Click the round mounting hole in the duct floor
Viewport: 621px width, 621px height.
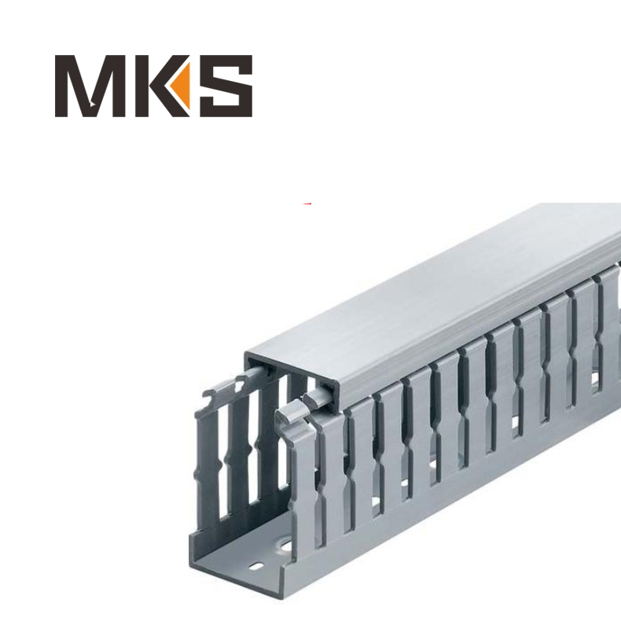tap(281, 545)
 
